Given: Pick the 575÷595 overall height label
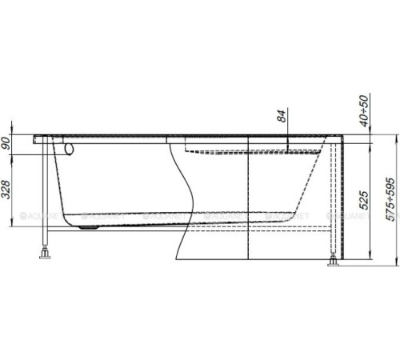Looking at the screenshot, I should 390,198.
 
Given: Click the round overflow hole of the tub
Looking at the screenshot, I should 70,148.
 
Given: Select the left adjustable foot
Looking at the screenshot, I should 45,256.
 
